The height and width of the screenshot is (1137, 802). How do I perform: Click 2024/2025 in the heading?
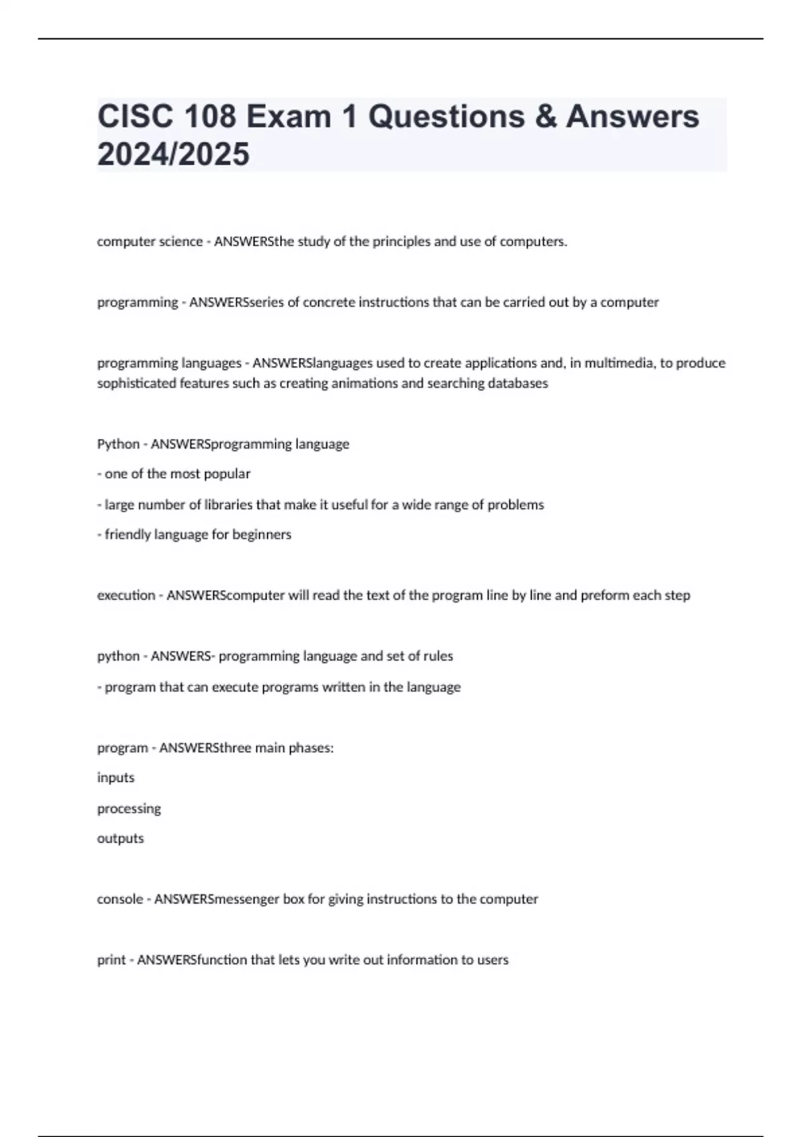173,154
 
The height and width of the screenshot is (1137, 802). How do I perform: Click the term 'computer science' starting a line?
150,242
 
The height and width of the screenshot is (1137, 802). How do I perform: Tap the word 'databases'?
515,384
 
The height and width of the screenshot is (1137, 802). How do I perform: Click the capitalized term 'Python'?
118,444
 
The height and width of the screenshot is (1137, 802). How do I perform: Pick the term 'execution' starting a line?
126,595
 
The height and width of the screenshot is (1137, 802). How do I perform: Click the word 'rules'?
437,656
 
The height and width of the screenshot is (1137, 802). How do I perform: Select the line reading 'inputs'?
116,778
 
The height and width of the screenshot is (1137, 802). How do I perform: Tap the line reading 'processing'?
129,809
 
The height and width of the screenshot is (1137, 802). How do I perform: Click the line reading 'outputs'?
120,839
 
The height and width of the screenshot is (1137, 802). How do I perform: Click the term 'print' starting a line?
111,960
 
